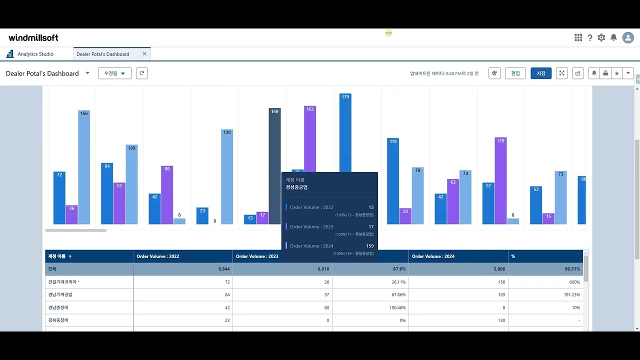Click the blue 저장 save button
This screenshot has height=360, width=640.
tap(541, 73)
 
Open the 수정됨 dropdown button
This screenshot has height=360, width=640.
tap(114, 73)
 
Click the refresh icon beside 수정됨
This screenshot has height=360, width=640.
tap(142, 73)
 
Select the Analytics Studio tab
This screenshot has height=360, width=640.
tap(35, 54)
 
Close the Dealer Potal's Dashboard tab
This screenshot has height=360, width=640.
tap(144, 54)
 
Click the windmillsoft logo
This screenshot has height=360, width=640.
tap(33, 38)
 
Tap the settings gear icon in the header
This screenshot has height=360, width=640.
tap(601, 38)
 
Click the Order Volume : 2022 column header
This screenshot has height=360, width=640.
tap(157, 256)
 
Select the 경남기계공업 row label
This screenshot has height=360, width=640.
tap(60, 295)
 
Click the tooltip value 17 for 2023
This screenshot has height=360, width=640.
tap(370, 227)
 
